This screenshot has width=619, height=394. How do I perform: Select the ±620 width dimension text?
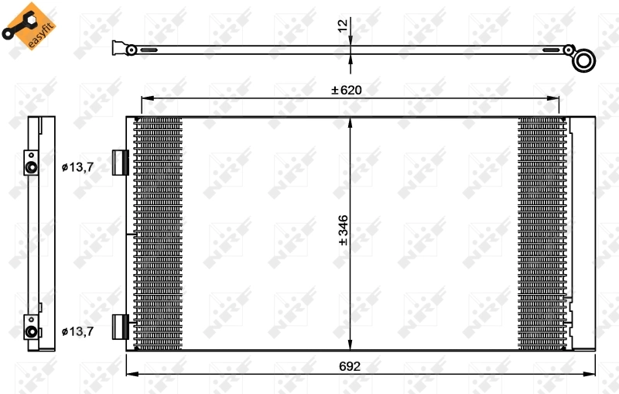tap(347, 90)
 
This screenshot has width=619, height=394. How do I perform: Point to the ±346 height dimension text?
tap(343, 231)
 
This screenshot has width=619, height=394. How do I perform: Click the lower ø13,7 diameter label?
tap(78, 331)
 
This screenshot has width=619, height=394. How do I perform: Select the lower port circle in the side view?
tap(32, 332)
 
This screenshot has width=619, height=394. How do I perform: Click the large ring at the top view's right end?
tap(585, 60)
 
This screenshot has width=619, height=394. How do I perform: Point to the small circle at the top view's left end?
tap(132, 50)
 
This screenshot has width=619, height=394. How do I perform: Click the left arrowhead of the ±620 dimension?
tap(145, 98)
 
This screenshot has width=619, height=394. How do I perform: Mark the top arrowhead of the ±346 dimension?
tap(351, 122)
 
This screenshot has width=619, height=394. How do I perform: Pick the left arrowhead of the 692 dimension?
tap(130, 375)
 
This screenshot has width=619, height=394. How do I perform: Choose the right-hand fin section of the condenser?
tap(542, 232)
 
